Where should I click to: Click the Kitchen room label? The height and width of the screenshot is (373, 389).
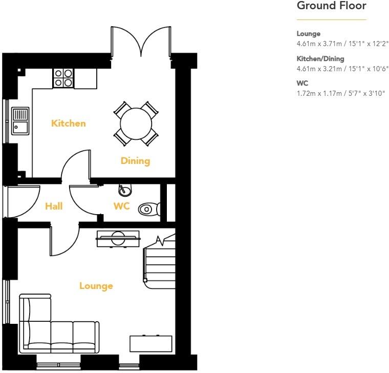click(x=68, y=123)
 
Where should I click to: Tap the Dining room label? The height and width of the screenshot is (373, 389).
click(x=135, y=161)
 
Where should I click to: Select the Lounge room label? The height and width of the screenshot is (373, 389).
click(x=96, y=286)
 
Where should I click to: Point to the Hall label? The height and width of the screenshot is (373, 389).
click(x=54, y=206)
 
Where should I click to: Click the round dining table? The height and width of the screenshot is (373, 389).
click(x=136, y=123)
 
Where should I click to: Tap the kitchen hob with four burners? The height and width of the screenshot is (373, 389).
click(x=63, y=78)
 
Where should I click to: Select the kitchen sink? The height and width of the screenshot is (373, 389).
click(x=20, y=120)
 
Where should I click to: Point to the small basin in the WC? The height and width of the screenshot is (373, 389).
click(x=124, y=191)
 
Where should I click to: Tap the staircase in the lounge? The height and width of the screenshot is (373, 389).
click(x=159, y=259)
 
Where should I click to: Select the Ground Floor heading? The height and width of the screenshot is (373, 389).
click(x=331, y=6)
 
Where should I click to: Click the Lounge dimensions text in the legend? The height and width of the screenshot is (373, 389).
click(x=342, y=44)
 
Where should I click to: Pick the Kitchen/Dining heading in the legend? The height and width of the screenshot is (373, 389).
click(x=320, y=59)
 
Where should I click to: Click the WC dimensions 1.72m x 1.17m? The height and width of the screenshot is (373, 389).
click(x=340, y=93)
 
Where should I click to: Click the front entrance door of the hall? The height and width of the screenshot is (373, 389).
click(x=23, y=201)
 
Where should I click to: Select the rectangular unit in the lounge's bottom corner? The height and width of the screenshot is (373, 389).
click(x=150, y=343)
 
